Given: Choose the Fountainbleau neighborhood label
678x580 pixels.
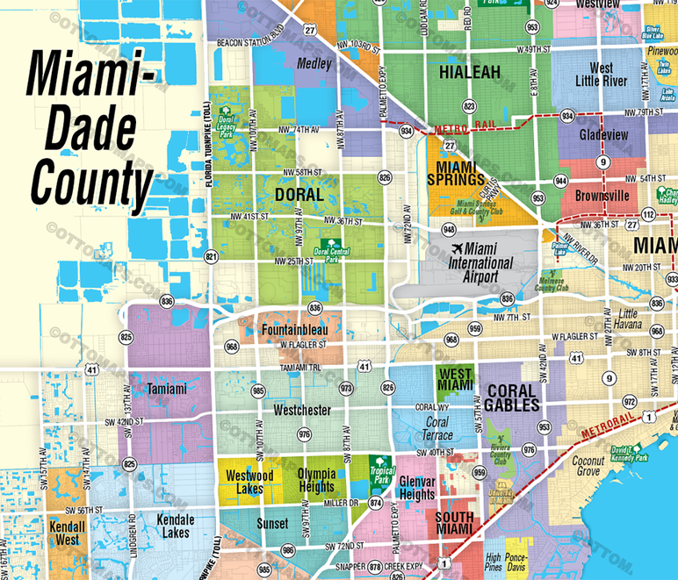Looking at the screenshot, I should [293, 330].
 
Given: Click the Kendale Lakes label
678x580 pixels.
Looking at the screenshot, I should [174, 526].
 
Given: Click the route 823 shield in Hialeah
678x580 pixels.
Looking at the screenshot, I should [470, 105].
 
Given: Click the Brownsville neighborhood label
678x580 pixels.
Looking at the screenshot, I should [602, 196].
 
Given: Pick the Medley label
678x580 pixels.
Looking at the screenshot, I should [314, 64].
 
